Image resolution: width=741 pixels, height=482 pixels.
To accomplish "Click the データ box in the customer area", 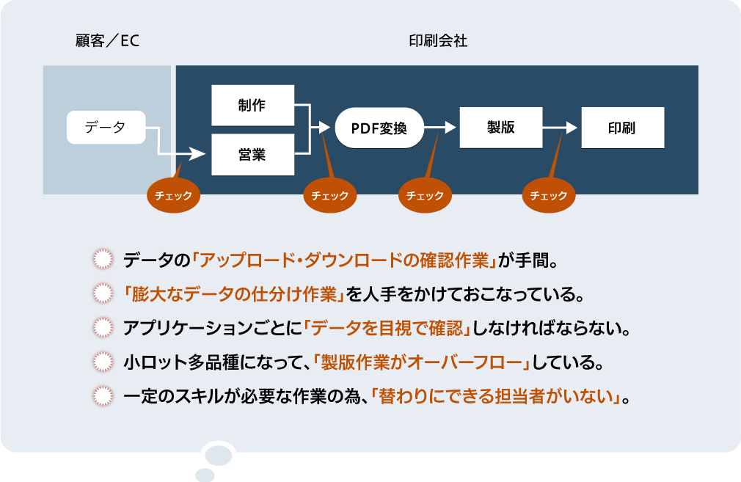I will pyautogui.click(x=106, y=128).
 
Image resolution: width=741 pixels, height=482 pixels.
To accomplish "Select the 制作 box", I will pyautogui.click(x=252, y=105).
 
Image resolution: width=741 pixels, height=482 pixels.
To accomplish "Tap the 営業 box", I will pyautogui.click(x=252, y=154).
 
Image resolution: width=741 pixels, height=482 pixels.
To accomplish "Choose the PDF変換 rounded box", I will pyautogui.click(x=379, y=128).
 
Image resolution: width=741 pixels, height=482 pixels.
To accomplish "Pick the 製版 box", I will pyautogui.click(x=500, y=128).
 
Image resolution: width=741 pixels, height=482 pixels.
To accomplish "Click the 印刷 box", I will pyautogui.click(x=622, y=128).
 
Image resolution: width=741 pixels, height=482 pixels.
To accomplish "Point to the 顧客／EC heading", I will pyautogui.click(x=107, y=41).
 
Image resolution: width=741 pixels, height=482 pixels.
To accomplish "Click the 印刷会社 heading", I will pyautogui.click(x=438, y=41).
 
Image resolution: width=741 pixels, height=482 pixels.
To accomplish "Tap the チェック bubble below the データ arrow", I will pyautogui.click(x=173, y=196).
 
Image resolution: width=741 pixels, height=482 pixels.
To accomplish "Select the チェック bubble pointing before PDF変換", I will pyautogui.click(x=330, y=196).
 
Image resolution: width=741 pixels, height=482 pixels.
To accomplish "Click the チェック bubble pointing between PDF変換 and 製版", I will pyautogui.click(x=425, y=196).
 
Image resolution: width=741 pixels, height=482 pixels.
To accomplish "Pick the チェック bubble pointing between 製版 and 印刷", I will pyautogui.click(x=549, y=196).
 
